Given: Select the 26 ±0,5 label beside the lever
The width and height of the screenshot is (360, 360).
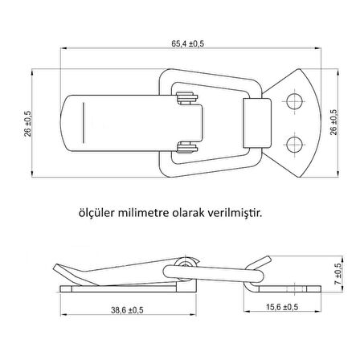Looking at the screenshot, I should [x=28, y=122].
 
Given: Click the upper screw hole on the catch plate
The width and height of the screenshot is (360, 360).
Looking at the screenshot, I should [x=294, y=100].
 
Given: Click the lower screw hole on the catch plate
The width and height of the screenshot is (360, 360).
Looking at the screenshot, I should [x=294, y=144].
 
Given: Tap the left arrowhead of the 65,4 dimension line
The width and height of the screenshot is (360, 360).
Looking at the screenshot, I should [x=64, y=49].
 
